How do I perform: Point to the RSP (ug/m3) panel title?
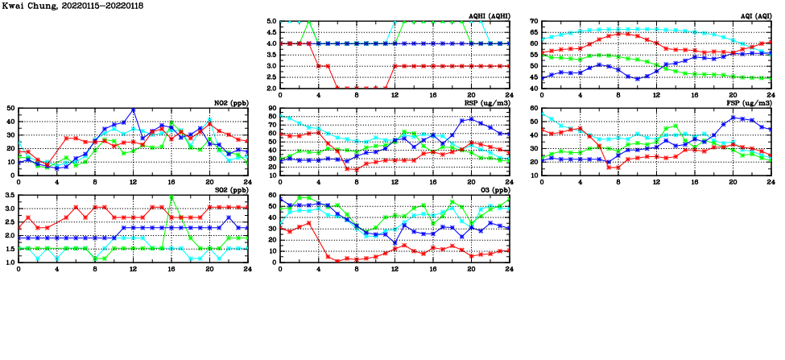(x=486, y=103)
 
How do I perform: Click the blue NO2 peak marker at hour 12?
(x=133, y=110)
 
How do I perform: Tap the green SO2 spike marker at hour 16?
(x=171, y=197)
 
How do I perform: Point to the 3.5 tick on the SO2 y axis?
(x=10, y=196)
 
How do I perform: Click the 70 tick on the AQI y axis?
(x=533, y=21)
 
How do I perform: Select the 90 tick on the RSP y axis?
(x=272, y=108)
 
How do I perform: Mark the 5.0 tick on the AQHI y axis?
(x=270, y=22)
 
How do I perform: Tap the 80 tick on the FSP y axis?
(x=533, y=108)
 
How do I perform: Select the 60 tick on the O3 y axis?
(x=272, y=196)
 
